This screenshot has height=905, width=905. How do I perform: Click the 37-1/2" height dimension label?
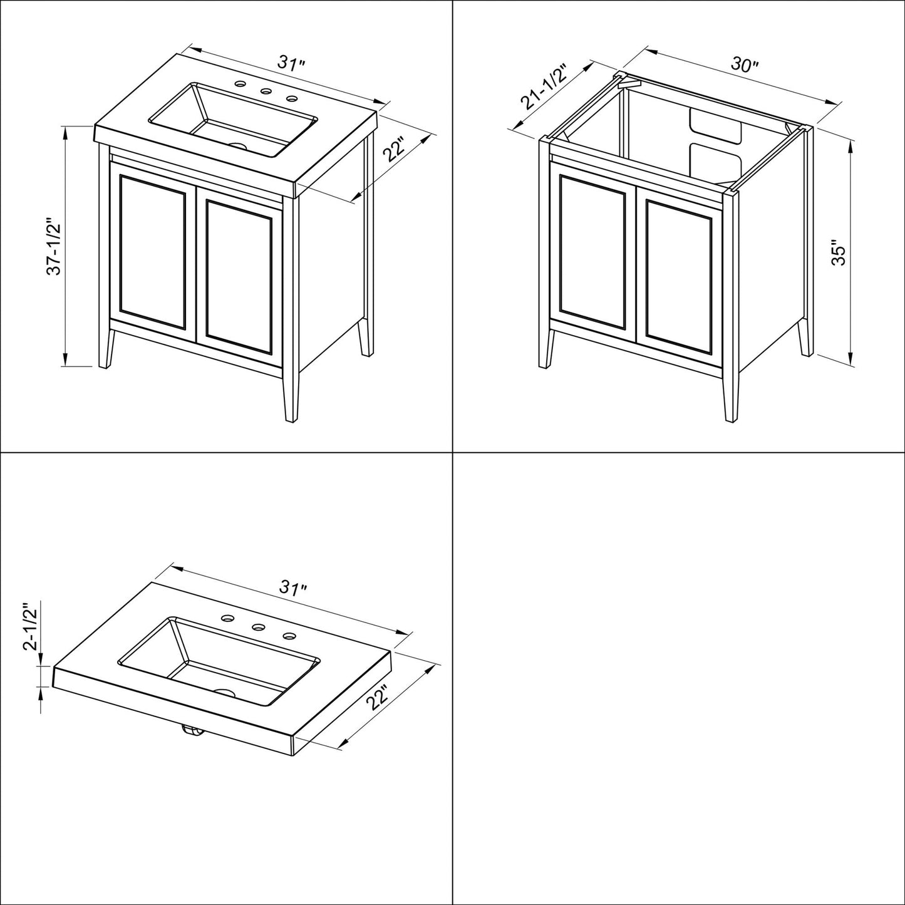[x=55, y=247]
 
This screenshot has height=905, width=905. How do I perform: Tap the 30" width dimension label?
[x=745, y=65]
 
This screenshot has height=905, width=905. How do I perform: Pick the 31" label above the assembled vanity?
[x=292, y=64]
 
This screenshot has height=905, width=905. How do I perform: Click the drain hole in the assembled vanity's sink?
[x=238, y=146]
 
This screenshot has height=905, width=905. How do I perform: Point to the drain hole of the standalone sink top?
[x=224, y=693]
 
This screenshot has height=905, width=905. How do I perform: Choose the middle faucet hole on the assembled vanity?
[x=267, y=91]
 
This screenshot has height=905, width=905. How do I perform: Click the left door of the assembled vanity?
[x=153, y=251]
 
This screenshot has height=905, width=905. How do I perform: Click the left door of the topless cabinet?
[x=592, y=251]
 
